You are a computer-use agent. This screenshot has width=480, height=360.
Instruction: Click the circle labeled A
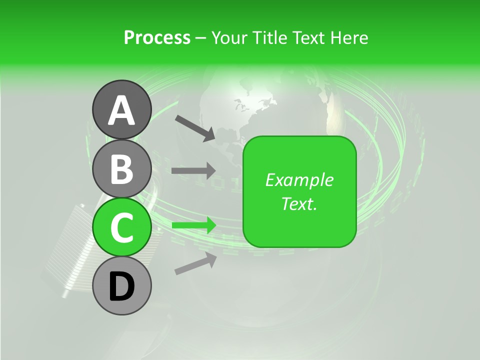(x=121, y=110)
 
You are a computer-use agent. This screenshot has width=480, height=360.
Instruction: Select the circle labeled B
(x=121, y=168)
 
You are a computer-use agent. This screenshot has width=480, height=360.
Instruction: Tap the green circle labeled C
(x=121, y=227)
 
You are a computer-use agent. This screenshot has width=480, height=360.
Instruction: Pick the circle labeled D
(x=121, y=285)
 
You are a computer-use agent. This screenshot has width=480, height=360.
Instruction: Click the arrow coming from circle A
(x=195, y=128)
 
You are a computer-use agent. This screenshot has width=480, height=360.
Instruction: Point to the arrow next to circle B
(x=193, y=170)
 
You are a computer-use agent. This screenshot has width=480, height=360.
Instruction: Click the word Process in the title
(x=157, y=37)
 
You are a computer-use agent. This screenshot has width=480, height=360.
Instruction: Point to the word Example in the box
(x=299, y=180)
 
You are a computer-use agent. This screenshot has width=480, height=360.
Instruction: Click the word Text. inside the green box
(x=299, y=203)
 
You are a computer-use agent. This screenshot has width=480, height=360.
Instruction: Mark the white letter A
(x=121, y=111)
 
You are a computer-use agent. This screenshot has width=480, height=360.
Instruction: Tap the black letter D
(x=121, y=286)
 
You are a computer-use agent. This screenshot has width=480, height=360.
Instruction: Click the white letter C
(x=121, y=227)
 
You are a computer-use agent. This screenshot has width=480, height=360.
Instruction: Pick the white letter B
(x=121, y=169)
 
